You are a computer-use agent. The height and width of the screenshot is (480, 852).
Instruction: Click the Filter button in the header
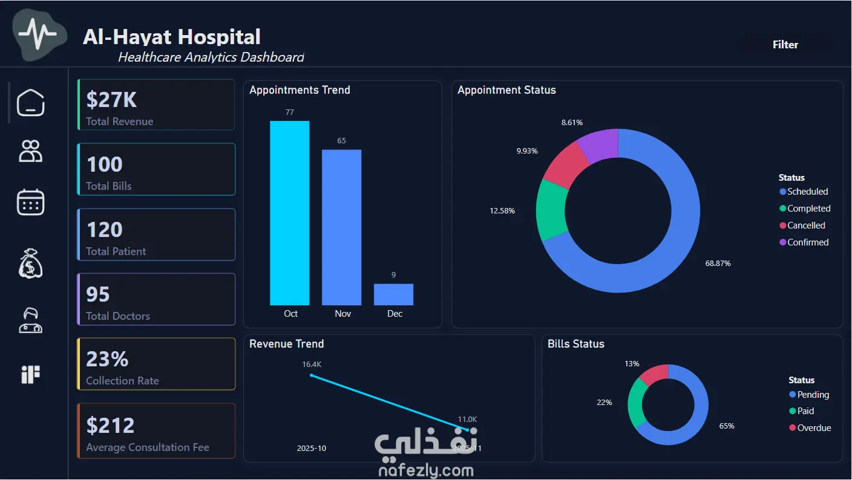[785, 45]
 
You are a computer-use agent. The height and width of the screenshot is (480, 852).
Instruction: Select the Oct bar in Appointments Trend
[289, 213]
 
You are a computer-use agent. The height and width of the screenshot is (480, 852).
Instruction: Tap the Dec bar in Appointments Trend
[393, 294]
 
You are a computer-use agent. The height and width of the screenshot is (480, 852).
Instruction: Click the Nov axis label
[342, 314]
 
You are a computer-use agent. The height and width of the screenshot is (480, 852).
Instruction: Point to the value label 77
[289, 112]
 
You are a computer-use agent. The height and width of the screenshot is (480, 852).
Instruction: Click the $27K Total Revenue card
[156, 105]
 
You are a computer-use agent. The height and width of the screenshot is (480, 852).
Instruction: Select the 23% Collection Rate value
[107, 359]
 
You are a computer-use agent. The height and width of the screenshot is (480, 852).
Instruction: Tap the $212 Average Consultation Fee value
[110, 425]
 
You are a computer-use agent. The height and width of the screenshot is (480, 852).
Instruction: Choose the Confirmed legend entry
[804, 242]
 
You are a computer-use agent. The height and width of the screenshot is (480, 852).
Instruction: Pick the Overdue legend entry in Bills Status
[810, 428]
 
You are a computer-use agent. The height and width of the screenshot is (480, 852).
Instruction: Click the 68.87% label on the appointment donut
[718, 264]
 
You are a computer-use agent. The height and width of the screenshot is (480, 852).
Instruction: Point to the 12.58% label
[502, 211]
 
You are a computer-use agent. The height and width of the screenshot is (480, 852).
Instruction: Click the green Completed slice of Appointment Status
[551, 210]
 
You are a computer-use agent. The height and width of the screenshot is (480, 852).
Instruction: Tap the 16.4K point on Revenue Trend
[312, 375]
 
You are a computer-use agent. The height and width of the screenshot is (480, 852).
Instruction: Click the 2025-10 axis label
[312, 449]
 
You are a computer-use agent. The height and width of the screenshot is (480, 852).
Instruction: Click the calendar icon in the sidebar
[30, 202]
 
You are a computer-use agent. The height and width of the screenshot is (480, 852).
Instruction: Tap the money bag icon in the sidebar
[30, 264]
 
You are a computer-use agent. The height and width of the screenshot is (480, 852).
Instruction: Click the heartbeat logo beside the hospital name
[39, 34]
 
